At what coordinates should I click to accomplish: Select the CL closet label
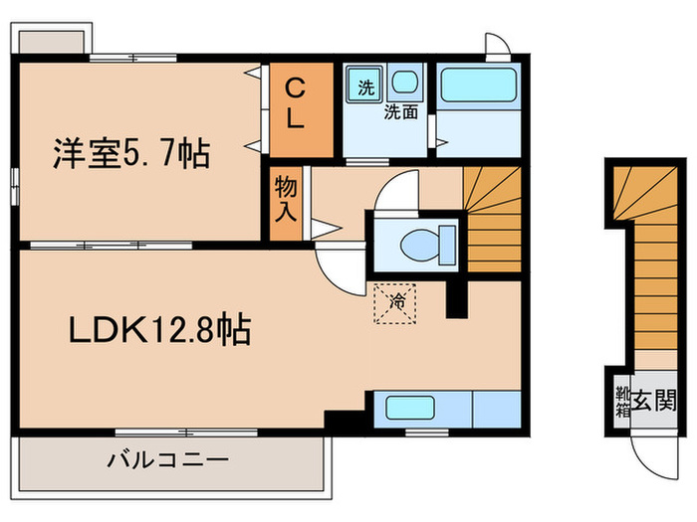pos(297,102)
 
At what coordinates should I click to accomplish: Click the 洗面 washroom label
pos(401,112)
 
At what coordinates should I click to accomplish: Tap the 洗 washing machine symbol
pos(365,86)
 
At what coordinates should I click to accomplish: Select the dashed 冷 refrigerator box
pos(396,299)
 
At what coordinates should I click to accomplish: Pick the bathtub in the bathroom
pos(479,85)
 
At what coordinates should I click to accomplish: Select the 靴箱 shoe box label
pos(621,403)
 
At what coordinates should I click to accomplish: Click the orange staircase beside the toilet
pos(493,219)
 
